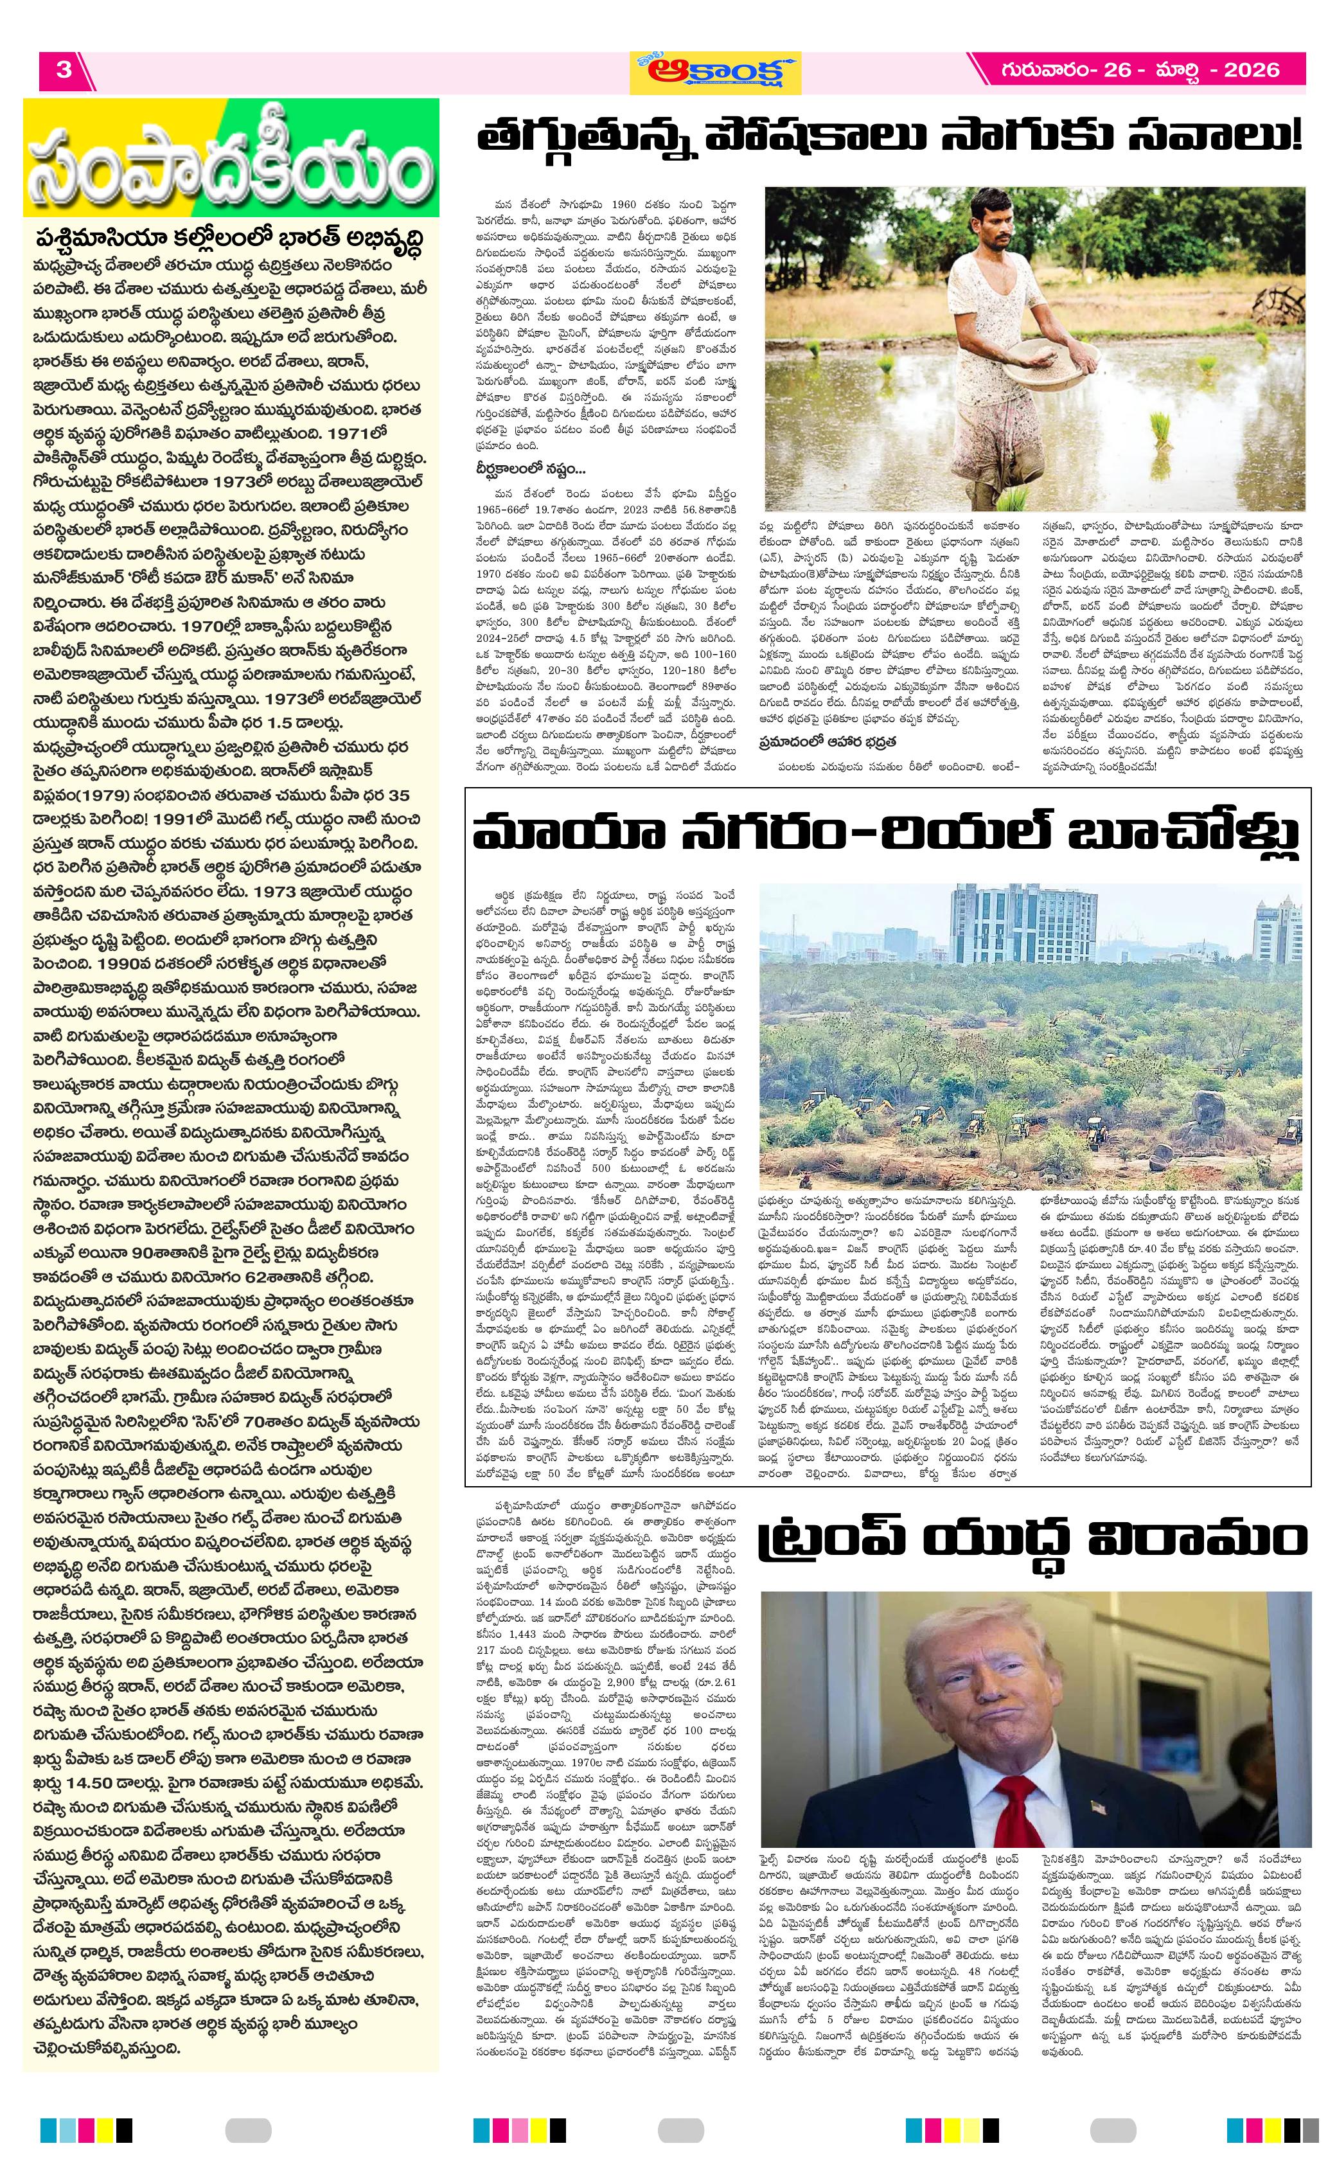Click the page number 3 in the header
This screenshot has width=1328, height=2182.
(x=64, y=70)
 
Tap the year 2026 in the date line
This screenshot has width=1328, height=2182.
(x=1251, y=70)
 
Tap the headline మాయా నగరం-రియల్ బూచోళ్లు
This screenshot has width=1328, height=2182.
(x=885, y=835)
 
